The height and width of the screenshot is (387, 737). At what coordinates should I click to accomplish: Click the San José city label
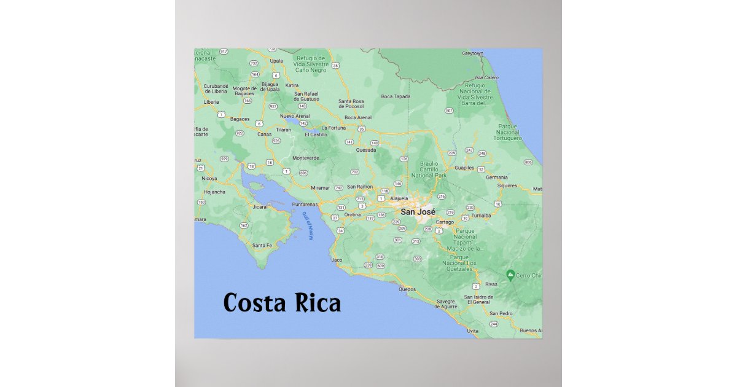[418, 212]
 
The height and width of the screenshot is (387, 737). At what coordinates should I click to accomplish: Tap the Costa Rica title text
[282, 303]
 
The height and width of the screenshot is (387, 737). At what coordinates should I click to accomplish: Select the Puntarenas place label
[305, 204]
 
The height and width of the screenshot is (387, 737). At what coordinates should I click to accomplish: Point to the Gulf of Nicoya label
[307, 226]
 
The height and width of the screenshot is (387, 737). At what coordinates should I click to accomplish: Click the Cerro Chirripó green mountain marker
[510, 273]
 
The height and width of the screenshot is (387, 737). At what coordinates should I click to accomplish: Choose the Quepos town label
[407, 289]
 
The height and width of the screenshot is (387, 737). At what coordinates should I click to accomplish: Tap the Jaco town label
[337, 260]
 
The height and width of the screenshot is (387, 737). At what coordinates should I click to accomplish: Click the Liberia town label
[211, 102]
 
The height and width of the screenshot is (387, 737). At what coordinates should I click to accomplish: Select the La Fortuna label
[334, 128]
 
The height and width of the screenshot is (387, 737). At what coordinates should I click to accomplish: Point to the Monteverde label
[306, 158]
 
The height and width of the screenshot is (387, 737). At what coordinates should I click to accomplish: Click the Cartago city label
[445, 222]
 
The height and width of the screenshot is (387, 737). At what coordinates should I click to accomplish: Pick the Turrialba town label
[482, 216]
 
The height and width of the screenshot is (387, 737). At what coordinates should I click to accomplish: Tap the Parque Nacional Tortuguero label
[508, 132]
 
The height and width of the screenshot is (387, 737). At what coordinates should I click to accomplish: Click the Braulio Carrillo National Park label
[430, 170]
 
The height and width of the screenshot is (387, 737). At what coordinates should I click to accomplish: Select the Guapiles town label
[464, 167]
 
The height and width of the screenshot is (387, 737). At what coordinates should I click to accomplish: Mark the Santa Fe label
[262, 246]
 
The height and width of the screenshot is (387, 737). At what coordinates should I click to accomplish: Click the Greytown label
[474, 53]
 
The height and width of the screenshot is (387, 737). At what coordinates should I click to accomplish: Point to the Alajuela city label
[399, 199]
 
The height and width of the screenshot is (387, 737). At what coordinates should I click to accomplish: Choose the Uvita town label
[472, 330]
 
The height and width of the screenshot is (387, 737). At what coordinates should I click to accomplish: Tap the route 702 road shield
[354, 172]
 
